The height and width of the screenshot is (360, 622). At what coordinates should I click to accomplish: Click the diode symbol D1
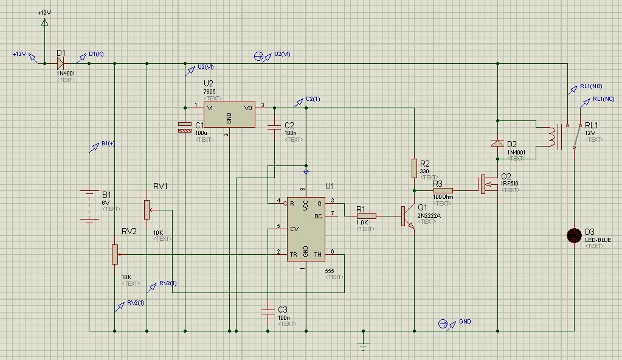tap(61, 63)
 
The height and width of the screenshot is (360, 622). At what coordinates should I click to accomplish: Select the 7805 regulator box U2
tap(229, 114)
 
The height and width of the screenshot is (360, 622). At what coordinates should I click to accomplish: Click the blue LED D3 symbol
tap(573, 236)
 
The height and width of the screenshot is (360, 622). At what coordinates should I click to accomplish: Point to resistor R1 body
tap(367, 215)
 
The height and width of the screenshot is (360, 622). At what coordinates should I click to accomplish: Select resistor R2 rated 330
tap(414, 168)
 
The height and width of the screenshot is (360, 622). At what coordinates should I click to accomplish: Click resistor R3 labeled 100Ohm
tap(443, 190)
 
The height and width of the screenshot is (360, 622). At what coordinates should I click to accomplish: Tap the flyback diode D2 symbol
tap(497, 144)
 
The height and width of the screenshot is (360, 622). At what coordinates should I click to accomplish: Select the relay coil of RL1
tap(553, 137)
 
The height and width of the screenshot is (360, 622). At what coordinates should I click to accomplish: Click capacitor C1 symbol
tap(184, 127)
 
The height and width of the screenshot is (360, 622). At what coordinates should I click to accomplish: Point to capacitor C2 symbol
tap(274, 126)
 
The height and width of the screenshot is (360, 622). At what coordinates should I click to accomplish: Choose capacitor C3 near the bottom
tap(268, 311)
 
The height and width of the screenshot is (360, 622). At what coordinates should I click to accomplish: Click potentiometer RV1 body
tap(147, 210)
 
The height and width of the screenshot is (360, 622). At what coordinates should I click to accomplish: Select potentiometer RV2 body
tap(114, 254)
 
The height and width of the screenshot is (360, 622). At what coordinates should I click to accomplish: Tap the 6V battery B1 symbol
tap(89, 207)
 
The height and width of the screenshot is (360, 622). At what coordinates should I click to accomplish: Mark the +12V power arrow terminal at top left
tap(44, 22)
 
